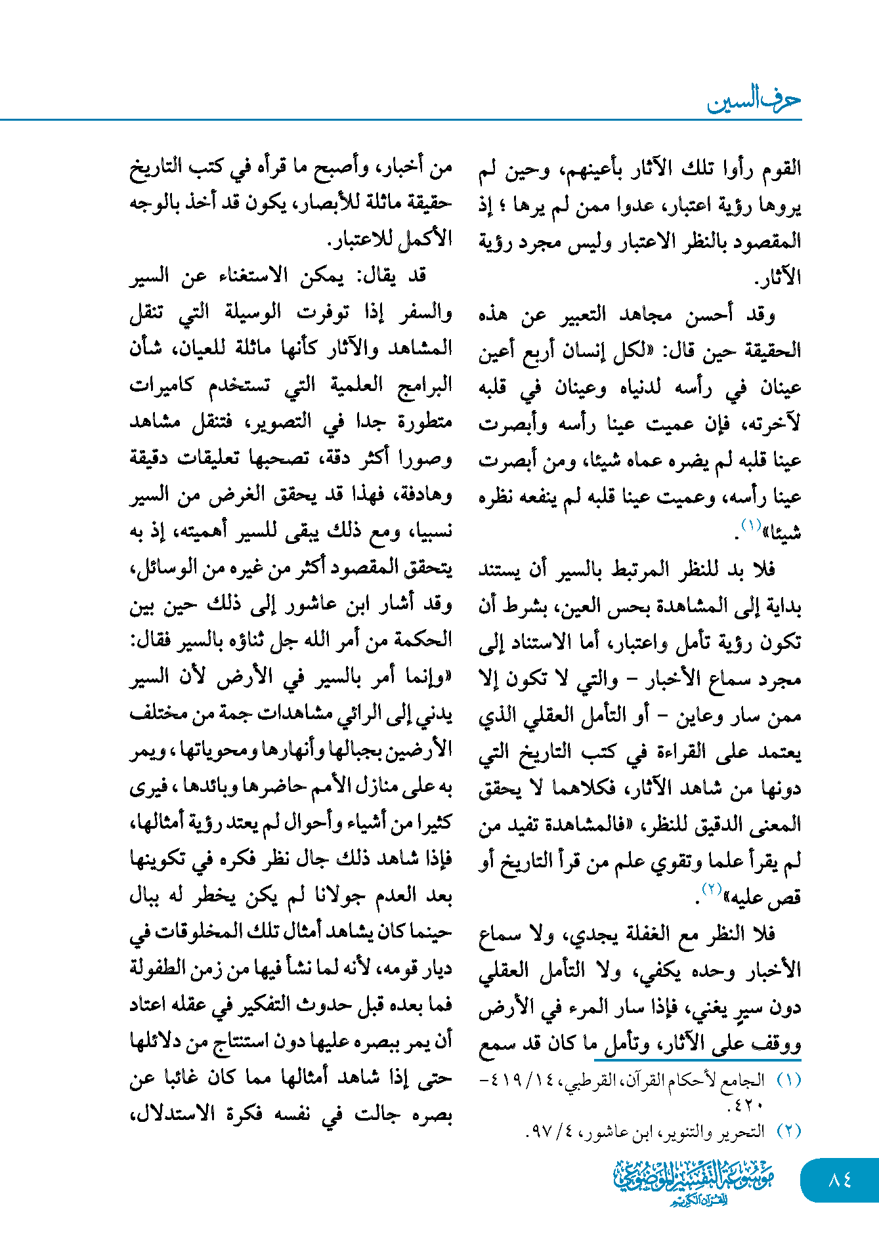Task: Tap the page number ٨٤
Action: pyautogui.click(x=840, y=1180)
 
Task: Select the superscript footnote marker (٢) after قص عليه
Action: pyautogui.click(x=712, y=890)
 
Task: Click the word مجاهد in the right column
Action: pyautogui.click(x=645, y=316)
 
